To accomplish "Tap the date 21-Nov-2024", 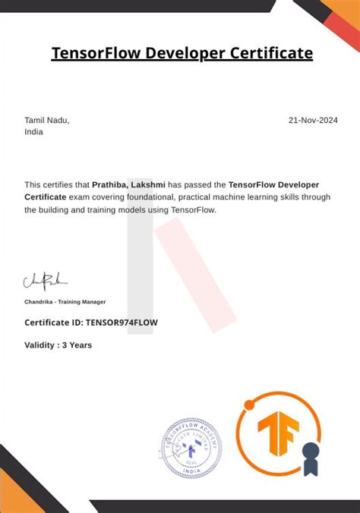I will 313,120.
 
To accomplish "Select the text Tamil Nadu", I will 46,120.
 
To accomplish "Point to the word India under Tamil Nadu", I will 33,131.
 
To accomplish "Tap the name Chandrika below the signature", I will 41,302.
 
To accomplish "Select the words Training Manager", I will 84,302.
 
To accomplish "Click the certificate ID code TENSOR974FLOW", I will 122,322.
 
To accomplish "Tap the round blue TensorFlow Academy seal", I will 191,449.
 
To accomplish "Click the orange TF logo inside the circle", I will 278,433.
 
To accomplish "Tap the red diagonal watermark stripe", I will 194,273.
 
